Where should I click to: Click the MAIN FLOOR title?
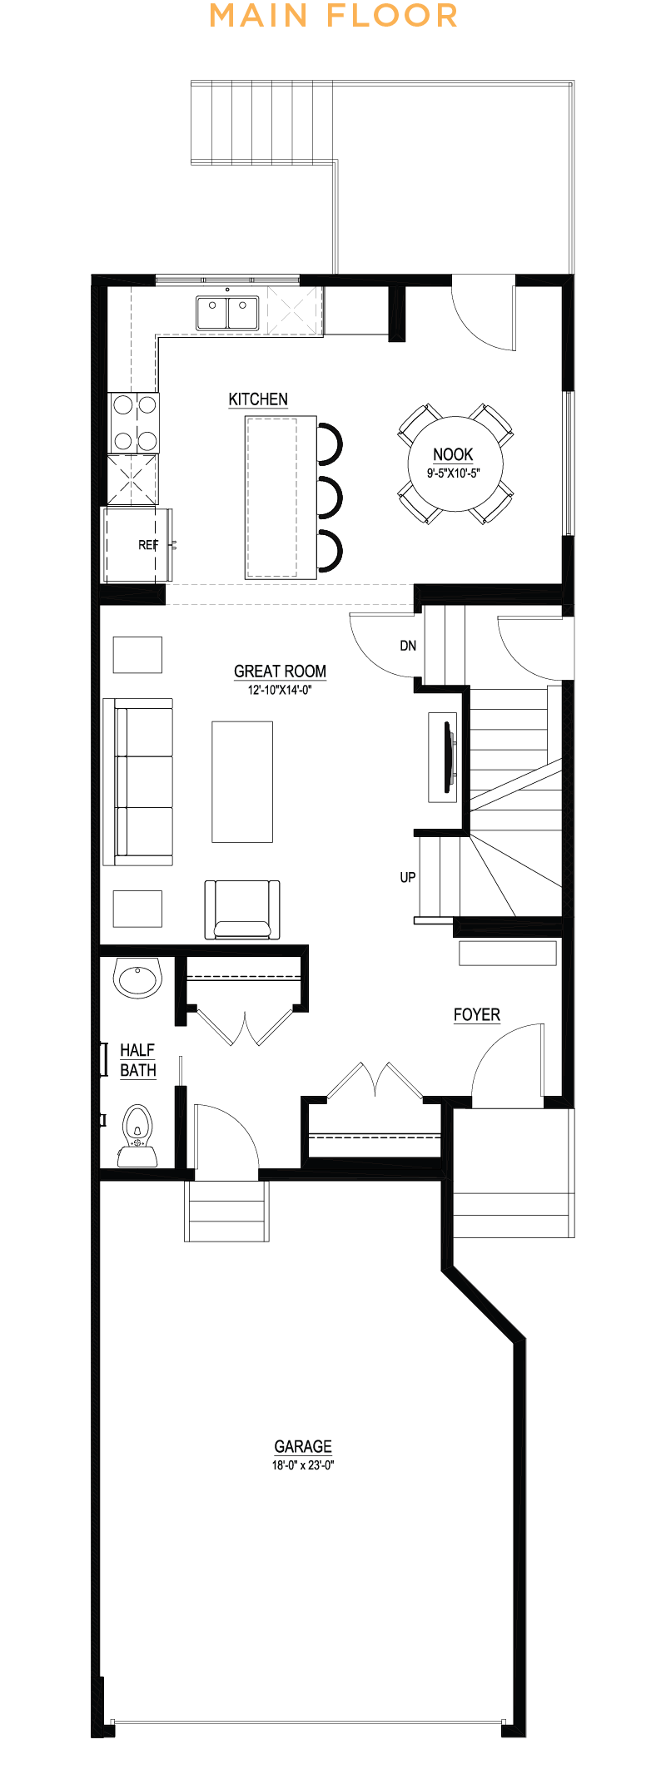(x=333, y=16)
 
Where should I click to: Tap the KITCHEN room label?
(x=258, y=399)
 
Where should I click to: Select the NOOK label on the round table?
(x=453, y=454)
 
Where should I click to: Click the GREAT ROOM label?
(x=280, y=671)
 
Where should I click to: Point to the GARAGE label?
(x=303, y=1447)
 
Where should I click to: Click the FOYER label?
(x=477, y=1015)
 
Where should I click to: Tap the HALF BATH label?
(x=138, y=1061)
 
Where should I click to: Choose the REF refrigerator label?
(x=148, y=545)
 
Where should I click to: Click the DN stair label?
(x=408, y=646)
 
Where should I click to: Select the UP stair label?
(x=408, y=877)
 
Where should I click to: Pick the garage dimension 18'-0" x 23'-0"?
(x=303, y=1465)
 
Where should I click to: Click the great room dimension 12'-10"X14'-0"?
(x=280, y=690)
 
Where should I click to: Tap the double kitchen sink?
(x=227, y=313)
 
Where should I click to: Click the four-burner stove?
(x=134, y=423)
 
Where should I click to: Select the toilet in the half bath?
(x=137, y=1136)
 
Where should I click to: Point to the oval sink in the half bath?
(x=137, y=978)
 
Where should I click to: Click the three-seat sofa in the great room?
(x=138, y=782)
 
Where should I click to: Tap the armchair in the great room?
(x=242, y=910)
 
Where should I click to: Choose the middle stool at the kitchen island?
(x=331, y=498)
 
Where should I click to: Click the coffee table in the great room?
(x=242, y=782)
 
